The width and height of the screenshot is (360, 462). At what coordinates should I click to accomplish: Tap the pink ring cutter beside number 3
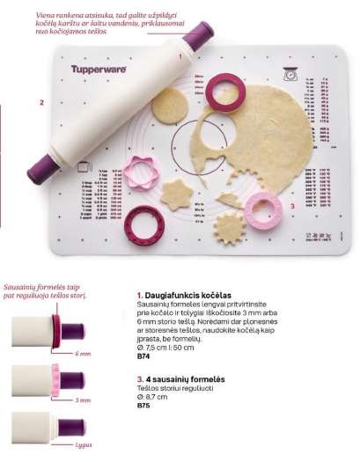(262, 209)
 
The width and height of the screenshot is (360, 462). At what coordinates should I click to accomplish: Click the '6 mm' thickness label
(83, 354)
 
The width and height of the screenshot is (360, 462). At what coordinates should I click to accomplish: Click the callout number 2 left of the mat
(40, 103)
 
